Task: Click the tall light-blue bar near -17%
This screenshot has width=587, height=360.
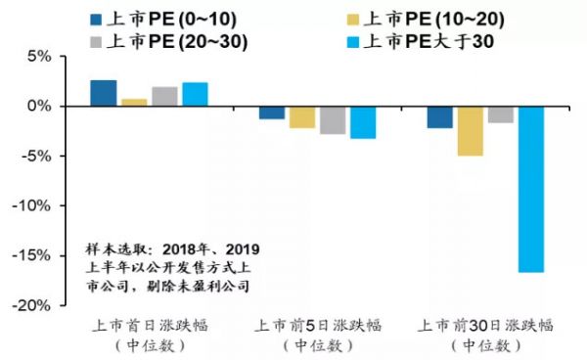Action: point(531,189)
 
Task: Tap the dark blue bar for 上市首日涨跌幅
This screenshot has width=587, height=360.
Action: point(104,93)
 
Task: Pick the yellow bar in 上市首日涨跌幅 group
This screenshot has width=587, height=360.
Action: point(134,102)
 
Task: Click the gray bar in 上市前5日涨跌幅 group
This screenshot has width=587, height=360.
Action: point(333,119)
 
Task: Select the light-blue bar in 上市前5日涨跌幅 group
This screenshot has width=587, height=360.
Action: point(362,121)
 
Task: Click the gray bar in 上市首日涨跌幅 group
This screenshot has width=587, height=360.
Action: point(164,96)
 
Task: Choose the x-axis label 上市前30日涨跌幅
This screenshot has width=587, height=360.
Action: point(486,325)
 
